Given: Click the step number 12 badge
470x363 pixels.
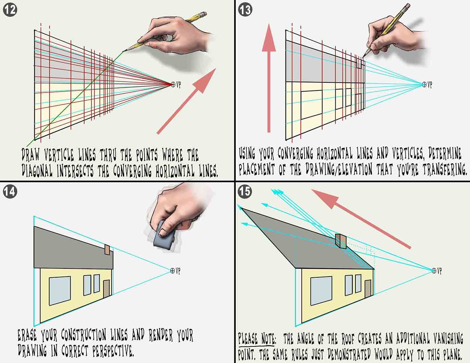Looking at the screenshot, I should tap(10, 9).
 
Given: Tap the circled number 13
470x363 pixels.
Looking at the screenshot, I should tap(246, 9).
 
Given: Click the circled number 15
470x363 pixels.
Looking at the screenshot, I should tap(246, 191).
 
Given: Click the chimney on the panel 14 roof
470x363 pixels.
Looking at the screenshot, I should tap(107, 250).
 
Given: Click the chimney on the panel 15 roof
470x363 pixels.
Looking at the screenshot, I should tap(340, 241).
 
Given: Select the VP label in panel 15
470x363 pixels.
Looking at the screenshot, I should tap(439, 271).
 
